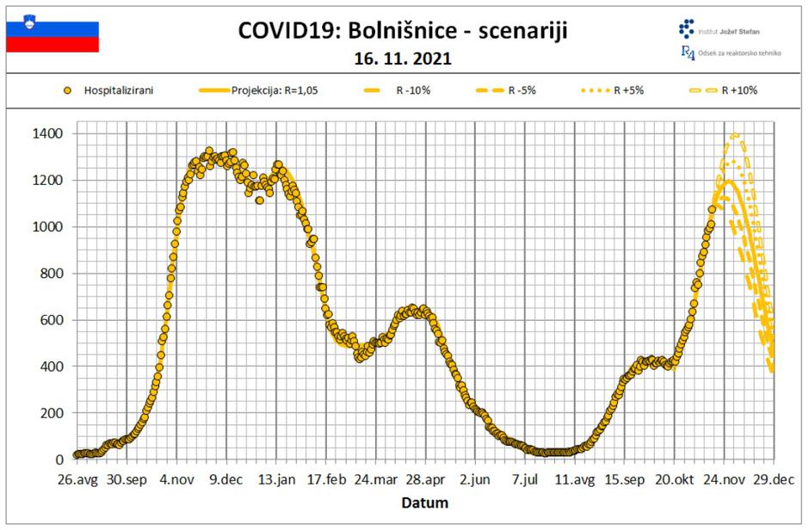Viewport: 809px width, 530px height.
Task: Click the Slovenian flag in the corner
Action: coord(52,32)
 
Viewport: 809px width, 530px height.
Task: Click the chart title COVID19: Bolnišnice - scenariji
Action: coord(404,32)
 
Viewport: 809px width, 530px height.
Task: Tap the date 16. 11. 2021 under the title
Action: coord(404,59)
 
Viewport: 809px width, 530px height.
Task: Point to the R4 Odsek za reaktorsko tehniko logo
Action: coord(731,52)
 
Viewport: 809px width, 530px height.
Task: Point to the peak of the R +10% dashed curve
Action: coord(734,135)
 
